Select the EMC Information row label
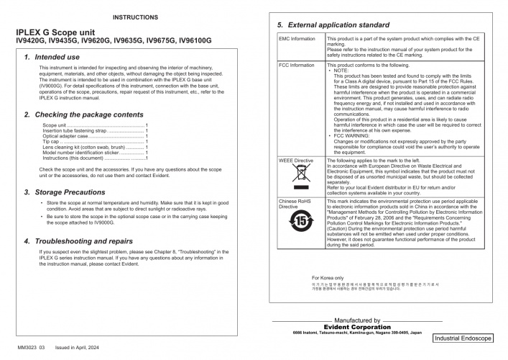297,37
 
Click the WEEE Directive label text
296,161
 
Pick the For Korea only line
328,297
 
